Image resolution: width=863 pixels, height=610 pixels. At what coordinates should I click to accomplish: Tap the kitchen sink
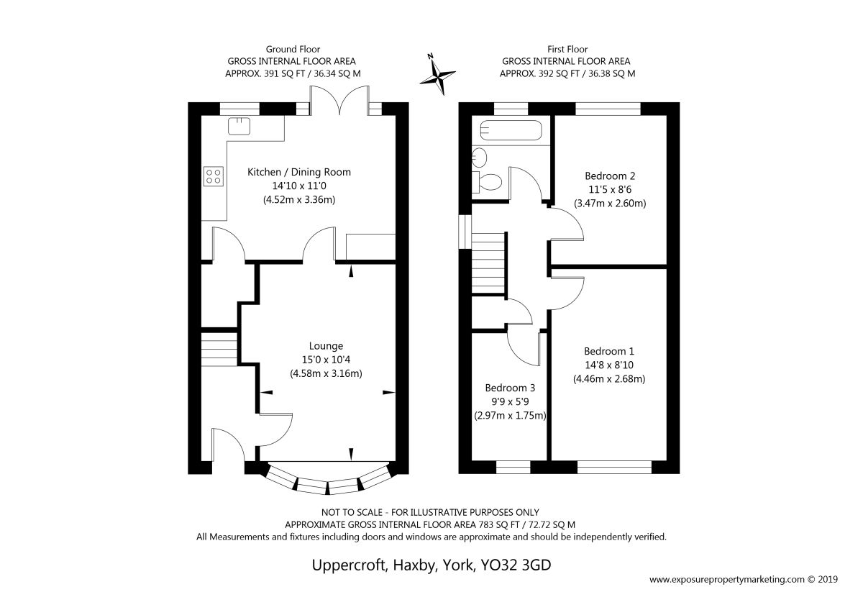[x=239, y=127]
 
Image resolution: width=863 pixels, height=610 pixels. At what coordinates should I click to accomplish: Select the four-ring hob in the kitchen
[x=214, y=176]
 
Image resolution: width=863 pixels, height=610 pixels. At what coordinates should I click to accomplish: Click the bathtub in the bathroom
[x=511, y=130]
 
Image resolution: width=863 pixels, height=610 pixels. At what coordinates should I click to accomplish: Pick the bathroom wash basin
[x=480, y=158]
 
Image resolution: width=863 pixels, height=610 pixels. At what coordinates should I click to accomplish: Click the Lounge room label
[x=326, y=346]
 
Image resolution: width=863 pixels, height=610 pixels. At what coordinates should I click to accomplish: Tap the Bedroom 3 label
[x=510, y=388]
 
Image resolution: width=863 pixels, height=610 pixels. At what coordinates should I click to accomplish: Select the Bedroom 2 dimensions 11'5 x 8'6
[x=610, y=190]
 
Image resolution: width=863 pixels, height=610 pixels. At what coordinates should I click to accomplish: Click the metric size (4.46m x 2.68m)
[x=609, y=379]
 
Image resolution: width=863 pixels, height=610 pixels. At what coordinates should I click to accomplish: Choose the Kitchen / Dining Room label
[x=299, y=172]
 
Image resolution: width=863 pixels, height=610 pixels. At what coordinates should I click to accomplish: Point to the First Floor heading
[x=567, y=50]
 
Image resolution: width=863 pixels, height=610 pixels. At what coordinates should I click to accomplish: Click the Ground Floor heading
[x=293, y=50]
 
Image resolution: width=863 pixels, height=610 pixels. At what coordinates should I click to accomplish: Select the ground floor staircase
[x=219, y=349]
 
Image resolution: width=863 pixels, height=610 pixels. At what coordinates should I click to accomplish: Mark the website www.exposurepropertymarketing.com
[x=727, y=591]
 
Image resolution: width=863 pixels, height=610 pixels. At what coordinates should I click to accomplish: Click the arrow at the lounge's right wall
[x=389, y=392]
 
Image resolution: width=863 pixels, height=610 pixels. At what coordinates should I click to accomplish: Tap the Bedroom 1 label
[x=608, y=351]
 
